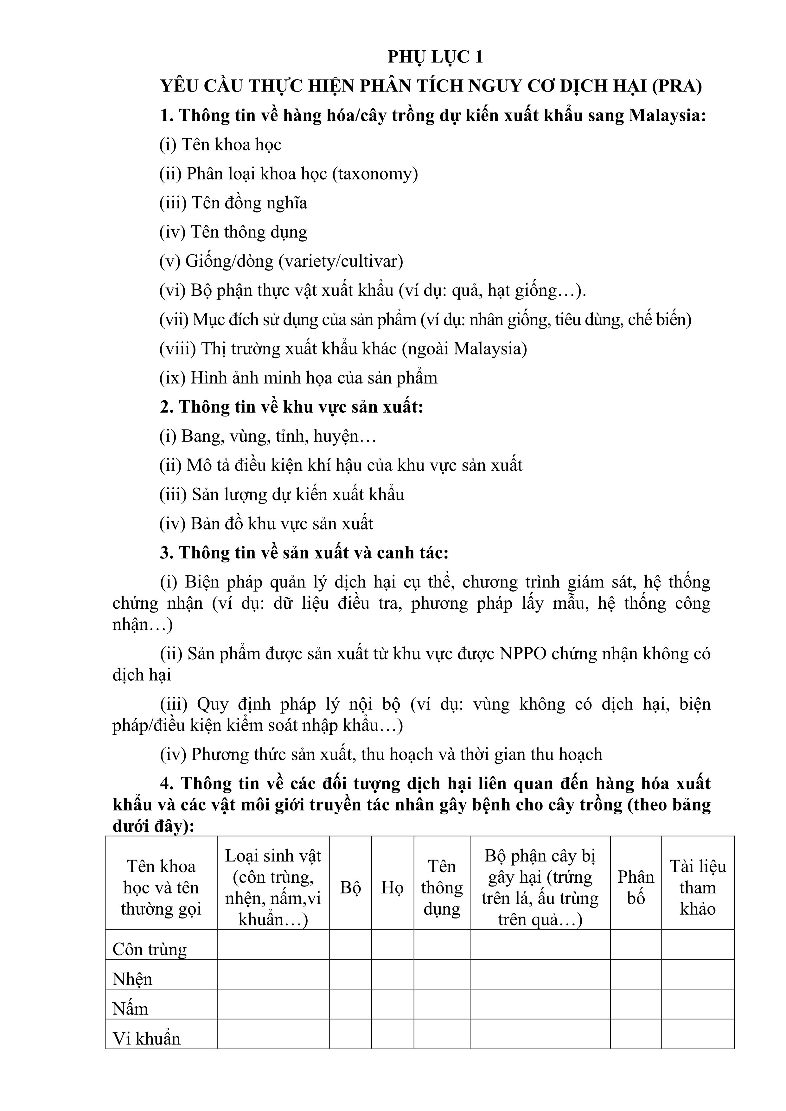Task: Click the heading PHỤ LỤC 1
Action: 435,57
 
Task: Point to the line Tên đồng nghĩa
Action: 233,203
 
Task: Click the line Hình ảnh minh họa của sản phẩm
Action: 298,378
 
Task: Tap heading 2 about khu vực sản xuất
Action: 292,407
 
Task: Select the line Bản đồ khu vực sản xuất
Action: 266,524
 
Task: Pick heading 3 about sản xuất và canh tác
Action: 304,553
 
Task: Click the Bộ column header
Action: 350,887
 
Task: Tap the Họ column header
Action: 393,887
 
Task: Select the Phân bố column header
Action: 636,887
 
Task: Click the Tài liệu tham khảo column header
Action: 697,887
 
